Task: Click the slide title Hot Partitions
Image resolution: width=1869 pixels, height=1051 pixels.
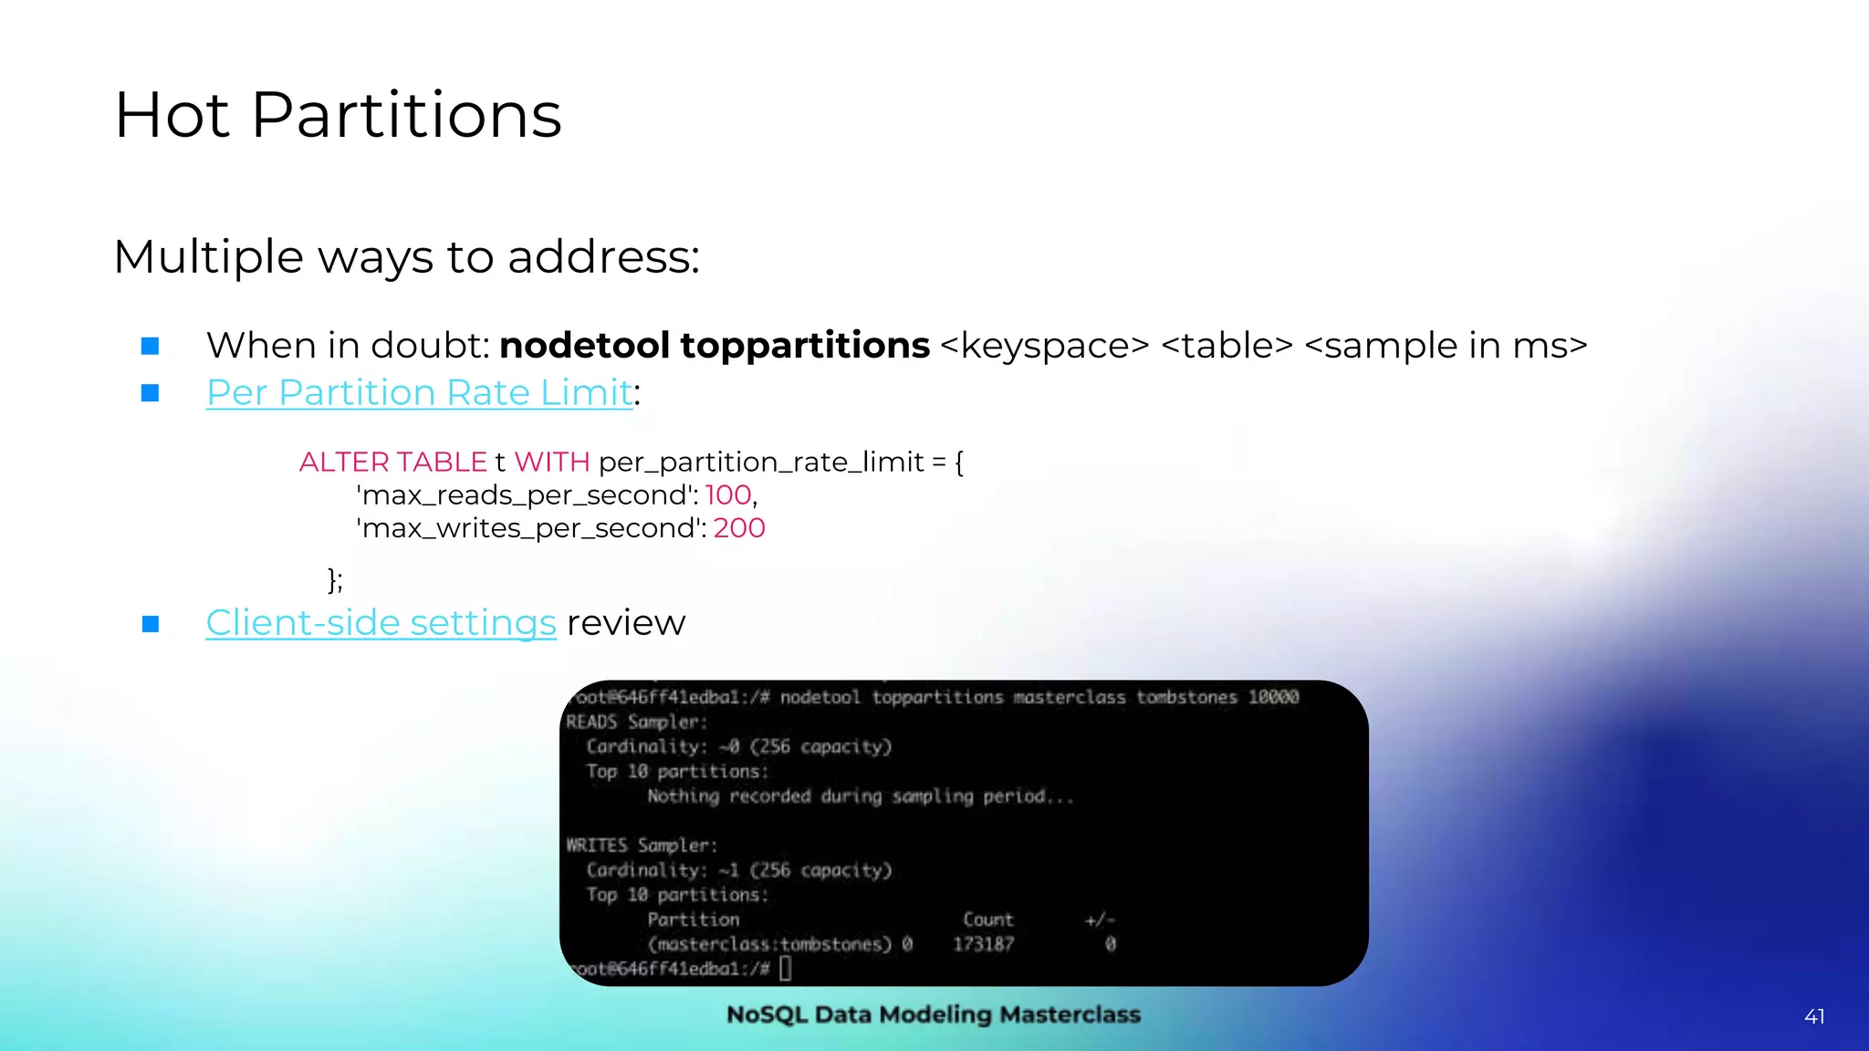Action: tap(338, 116)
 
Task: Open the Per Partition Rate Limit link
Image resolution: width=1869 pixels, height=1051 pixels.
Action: tap(419, 393)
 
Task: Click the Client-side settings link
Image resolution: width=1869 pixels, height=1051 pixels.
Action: tap(381, 623)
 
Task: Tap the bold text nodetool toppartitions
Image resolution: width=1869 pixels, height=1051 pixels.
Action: tap(715, 346)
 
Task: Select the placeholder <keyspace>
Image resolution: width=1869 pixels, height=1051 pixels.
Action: tap(1044, 346)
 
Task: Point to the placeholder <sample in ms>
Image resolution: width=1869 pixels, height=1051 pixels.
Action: tap(1446, 346)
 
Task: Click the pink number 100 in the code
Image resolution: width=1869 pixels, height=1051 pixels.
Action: tap(728, 495)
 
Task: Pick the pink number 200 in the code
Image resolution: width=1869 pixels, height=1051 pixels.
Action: tap(739, 528)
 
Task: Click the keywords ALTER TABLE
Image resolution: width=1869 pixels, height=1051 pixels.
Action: tap(392, 463)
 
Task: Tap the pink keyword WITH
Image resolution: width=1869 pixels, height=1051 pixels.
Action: tap(552, 463)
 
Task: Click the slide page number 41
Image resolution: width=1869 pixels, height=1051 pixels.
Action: tap(1814, 1016)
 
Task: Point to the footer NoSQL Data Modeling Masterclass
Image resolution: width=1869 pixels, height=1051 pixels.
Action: tap(934, 1015)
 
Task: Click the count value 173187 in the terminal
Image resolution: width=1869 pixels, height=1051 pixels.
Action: tap(983, 944)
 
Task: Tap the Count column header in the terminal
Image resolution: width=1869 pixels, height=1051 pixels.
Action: tap(988, 920)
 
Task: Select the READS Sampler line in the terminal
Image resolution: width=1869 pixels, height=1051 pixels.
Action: tap(636, 722)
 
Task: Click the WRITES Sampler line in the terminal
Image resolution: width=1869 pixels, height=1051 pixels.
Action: tap(642, 845)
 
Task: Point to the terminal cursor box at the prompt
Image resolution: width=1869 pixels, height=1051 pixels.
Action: tap(786, 968)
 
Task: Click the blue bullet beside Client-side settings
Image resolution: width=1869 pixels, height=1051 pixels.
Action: tap(151, 624)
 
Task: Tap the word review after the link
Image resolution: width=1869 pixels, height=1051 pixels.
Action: tap(626, 623)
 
